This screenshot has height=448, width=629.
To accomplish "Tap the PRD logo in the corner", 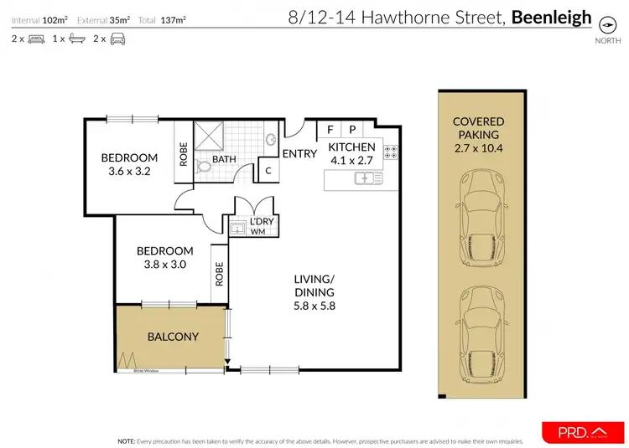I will [x=583, y=432].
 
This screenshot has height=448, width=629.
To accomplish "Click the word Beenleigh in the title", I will [x=551, y=17].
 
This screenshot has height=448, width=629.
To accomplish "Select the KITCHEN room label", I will [x=351, y=147].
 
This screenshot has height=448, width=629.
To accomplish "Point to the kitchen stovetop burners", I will [x=391, y=152].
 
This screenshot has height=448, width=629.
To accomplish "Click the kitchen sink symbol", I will [x=368, y=178].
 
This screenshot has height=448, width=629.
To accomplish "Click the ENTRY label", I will [x=299, y=153].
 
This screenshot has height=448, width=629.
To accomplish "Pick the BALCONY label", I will [x=173, y=337].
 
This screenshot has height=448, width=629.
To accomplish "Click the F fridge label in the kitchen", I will [x=330, y=130].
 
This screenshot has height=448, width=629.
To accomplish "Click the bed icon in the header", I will [x=35, y=39].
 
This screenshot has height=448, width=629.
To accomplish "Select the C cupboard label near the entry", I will [x=268, y=171].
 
